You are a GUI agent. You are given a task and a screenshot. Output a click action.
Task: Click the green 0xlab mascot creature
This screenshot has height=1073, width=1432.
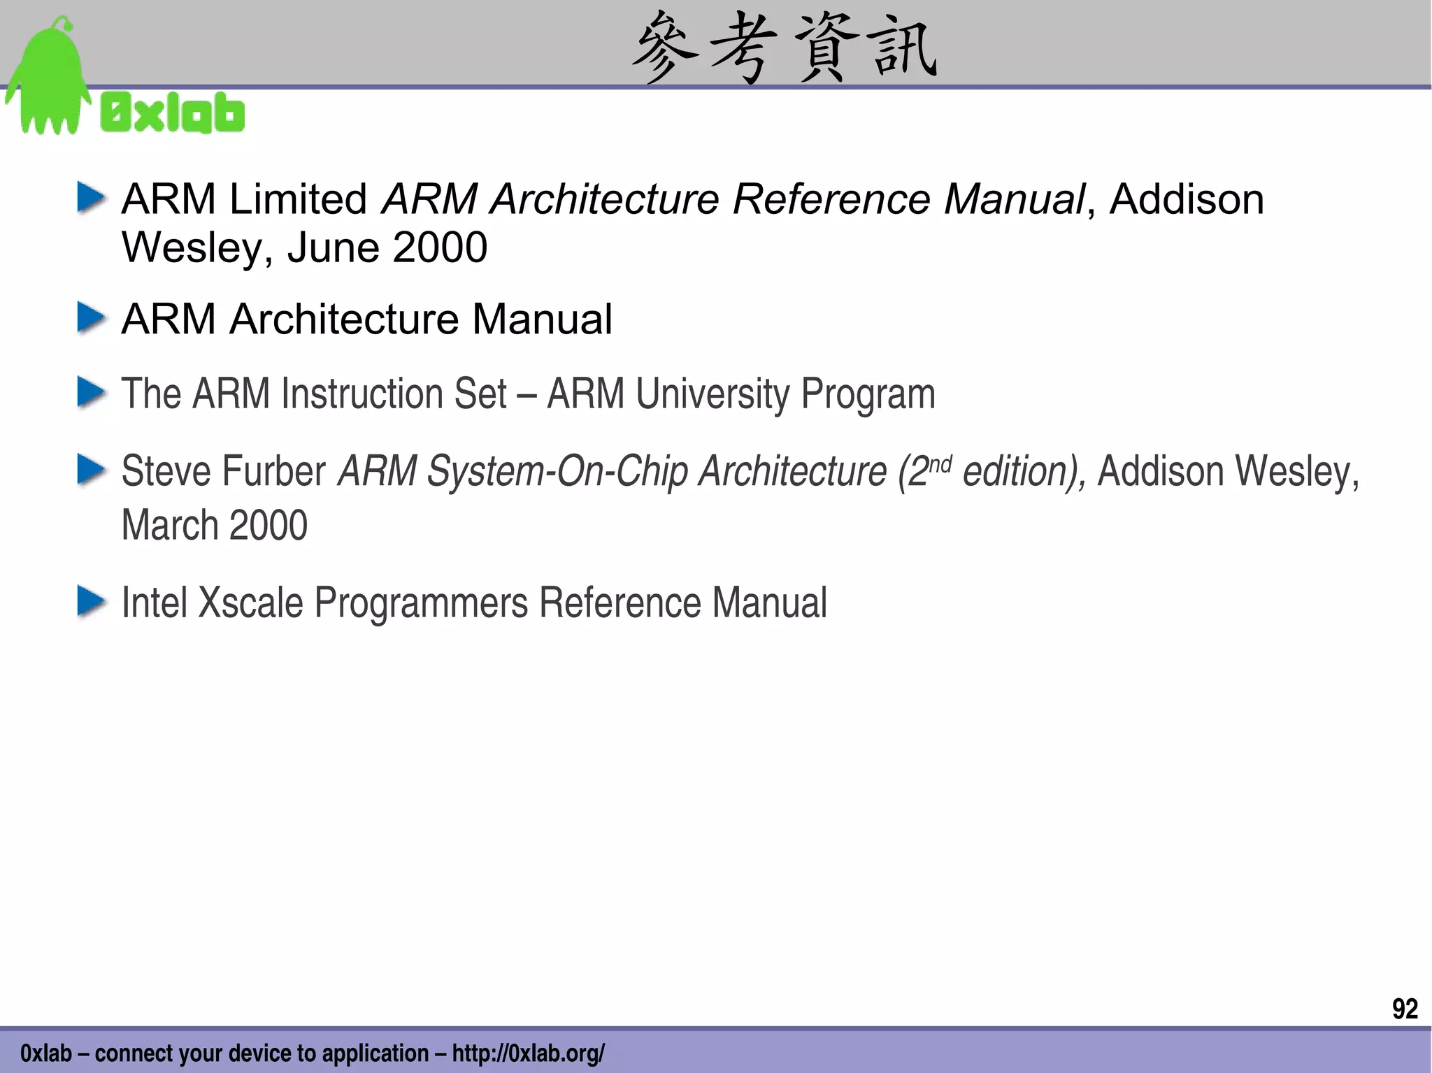pos(48,80)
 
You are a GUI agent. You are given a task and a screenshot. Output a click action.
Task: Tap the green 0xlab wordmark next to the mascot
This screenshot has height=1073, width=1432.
pos(173,114)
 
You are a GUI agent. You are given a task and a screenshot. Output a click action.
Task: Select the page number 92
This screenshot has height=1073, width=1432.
pos(1405,1009)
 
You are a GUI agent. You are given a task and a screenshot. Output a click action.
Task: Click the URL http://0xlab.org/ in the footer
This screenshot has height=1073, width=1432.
pos(528,1053)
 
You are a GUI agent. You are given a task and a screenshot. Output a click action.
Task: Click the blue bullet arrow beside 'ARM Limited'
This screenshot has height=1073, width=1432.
pos(91,198)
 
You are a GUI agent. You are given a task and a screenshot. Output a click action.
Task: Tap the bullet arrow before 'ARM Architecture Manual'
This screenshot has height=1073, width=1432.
pos(91,318)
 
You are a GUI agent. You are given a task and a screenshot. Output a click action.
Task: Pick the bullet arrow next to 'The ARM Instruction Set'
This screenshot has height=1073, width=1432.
pos(91,392)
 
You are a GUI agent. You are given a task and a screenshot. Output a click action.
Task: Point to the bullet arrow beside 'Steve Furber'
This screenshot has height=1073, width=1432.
pos(91,470)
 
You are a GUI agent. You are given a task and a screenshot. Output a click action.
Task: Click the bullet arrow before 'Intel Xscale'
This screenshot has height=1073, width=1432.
pos(91,602)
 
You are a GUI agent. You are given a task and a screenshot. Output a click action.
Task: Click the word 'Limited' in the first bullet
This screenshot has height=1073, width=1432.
pos(298,199)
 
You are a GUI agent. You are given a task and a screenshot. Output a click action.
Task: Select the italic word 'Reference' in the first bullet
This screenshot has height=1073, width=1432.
pos(831,199)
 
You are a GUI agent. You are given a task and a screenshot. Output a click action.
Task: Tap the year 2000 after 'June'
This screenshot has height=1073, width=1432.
pos(440,247)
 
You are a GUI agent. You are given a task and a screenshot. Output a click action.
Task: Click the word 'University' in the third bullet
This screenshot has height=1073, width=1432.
pos(712,394)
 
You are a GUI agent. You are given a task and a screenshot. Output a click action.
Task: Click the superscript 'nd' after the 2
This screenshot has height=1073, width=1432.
pos(940,463)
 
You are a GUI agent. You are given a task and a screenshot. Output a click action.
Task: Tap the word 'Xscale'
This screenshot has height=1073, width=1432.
pos(250,603)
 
